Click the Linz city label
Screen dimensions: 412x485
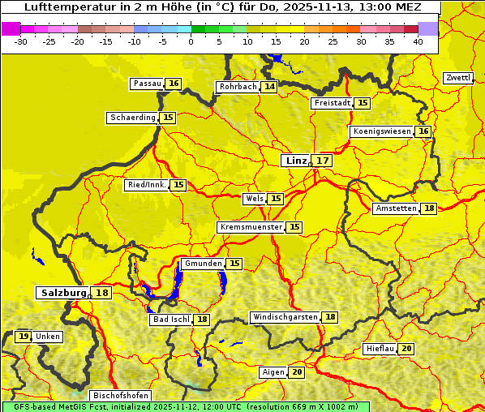tap(295, 161)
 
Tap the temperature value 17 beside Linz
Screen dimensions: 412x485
tap(323, 161)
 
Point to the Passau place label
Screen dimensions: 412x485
tap(147, 84)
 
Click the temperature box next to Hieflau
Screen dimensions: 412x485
tap(406, 349)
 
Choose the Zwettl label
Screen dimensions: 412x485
tap(457, 78)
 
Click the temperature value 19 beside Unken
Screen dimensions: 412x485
tap(24, 337)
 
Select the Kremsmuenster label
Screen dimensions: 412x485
tap(251, 227)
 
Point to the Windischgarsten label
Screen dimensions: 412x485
tap(285, 317)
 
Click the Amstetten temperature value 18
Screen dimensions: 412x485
tap(429, 208)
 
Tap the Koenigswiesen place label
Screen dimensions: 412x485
tap(382, 131)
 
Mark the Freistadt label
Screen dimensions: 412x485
tap(332, 103)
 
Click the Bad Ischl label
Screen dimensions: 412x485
tap(170, 320)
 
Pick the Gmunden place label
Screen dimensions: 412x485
tap(202, 264)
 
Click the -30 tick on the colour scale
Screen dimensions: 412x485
tap(21, 41)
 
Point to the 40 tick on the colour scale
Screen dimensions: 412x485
tap(418, 41)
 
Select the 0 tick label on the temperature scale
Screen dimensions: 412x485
tap(191, 41)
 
